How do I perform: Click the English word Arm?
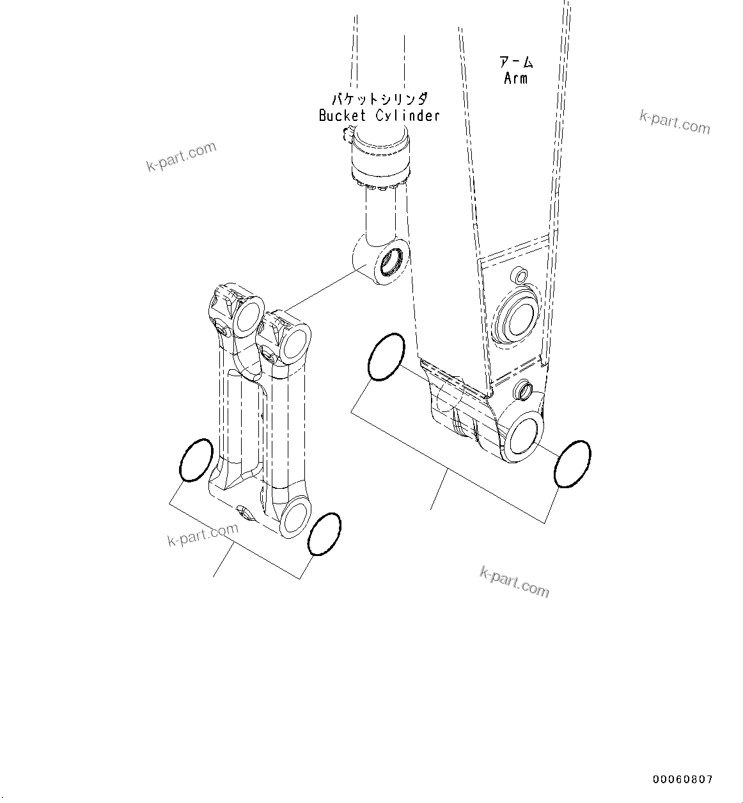click(515, 78)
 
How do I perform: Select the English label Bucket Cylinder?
click(379, 116)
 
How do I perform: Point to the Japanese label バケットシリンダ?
click(379, 99)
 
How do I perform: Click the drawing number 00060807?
click(682, 779)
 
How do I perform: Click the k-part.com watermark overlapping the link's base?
click(203, 535)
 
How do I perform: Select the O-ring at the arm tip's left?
click(386, 357)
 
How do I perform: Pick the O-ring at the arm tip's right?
click(572, 464)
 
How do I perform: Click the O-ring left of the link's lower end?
click(196, 460)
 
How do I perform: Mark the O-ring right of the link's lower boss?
click(324, 534)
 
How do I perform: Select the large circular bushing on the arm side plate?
click(515, 318)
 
